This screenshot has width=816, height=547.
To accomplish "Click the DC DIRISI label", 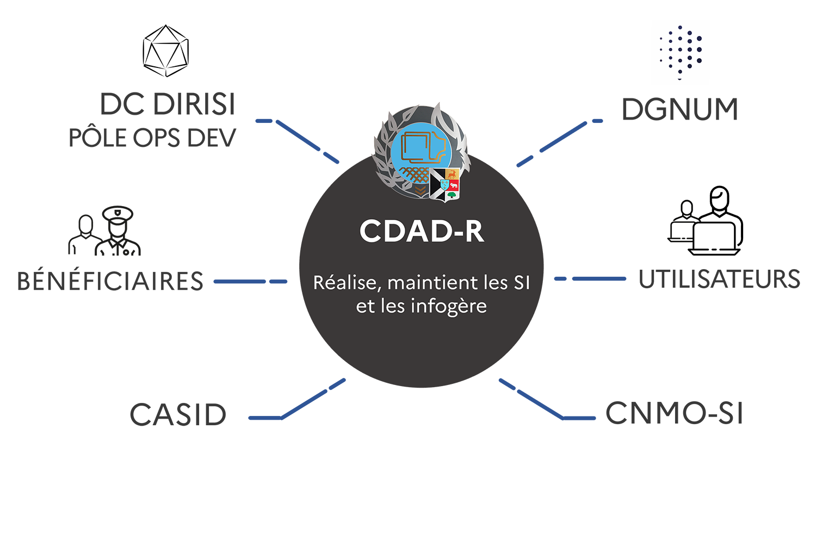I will coord(168,104).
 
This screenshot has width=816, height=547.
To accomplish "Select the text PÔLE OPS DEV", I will coord(152,138).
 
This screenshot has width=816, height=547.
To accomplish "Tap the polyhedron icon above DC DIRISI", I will coord(165,51).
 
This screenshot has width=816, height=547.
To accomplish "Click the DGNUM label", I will coord(679,109).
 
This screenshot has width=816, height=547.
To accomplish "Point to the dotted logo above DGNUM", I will coord(681,51).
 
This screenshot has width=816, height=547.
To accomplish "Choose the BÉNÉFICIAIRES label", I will coord(110,282).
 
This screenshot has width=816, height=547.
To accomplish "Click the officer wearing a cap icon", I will coord(118,231).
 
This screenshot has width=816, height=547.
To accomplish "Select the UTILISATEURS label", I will coord(719,279).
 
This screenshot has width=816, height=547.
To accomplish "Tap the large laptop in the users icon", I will coord(714,238).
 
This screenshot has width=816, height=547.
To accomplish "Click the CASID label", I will coord(178,415).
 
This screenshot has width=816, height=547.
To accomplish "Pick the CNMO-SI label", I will coord(674,413).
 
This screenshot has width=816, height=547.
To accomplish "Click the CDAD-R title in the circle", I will coord(422,231).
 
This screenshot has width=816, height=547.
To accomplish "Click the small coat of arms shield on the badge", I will coord(445,185).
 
